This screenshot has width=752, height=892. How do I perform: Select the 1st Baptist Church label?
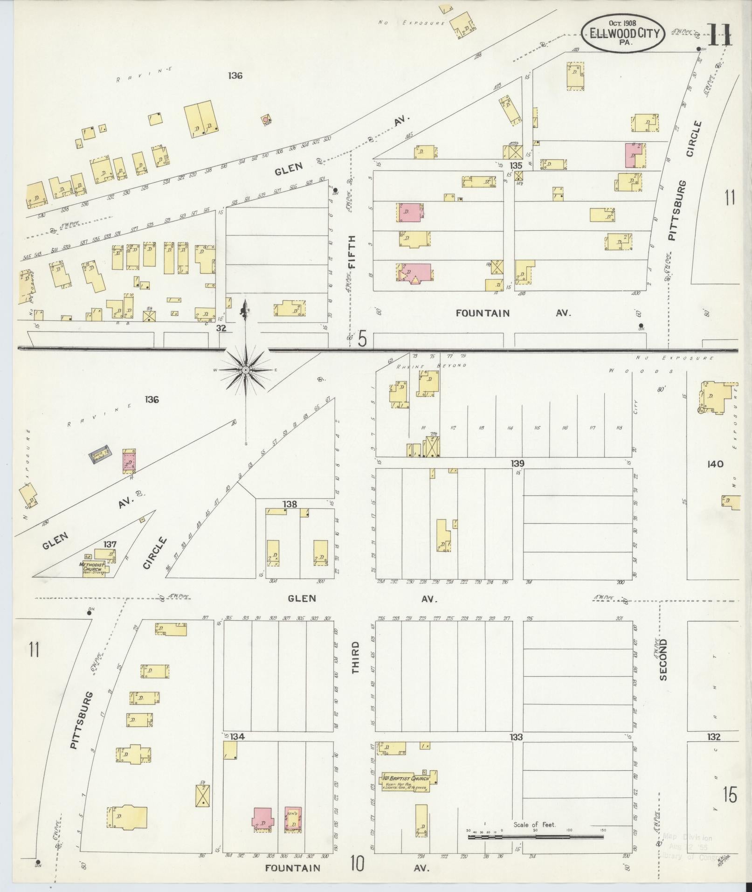coord(406,778)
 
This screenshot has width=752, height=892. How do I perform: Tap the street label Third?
coord(356,657)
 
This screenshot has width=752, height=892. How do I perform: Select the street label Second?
coord(663,659)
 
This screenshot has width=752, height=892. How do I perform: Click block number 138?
coord(290,504)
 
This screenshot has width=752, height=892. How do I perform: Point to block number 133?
coord(516,737)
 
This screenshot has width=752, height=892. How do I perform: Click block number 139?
coord(517,463)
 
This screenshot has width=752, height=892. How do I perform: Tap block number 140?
coord(715,464)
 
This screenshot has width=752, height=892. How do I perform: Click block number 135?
coord(516,166)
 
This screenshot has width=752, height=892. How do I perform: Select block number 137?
coord(110,544)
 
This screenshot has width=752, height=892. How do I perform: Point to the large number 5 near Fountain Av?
coord(362,339)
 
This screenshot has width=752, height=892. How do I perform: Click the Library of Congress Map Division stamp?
coord(688,846)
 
